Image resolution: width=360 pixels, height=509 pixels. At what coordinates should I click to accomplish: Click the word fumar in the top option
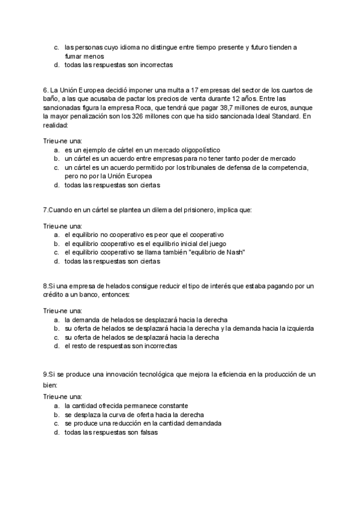pyautogui.click(x=73, y=55)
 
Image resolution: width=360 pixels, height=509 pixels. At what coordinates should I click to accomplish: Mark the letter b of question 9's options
pyautogui.click(x=56, y=415)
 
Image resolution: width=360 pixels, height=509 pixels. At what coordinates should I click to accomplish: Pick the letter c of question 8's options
pyautogui.click(x=56, y=337)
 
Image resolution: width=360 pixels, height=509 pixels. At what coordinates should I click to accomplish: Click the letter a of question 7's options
pyautogui.click(x=56, y=235)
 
